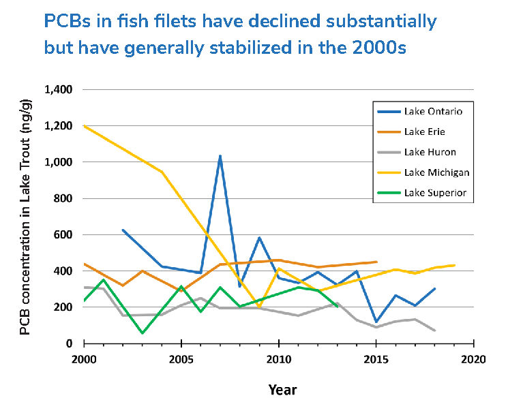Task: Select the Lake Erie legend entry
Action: click(424, 132)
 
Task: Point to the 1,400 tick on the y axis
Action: click(59, 90)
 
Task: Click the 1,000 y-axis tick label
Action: click(59, 162)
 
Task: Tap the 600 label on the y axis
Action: click(63, 235)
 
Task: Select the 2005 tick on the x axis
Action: click(181, 358)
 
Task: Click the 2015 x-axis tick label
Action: click(376, 358)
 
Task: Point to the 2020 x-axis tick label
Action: click(474, 358)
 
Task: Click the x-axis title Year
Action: click(282, 390)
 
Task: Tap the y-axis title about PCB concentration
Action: click(25, 217)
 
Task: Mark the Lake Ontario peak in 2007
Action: click(220, 156)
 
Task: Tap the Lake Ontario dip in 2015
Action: click(376, 322)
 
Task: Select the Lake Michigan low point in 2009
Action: click(259, 307)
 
